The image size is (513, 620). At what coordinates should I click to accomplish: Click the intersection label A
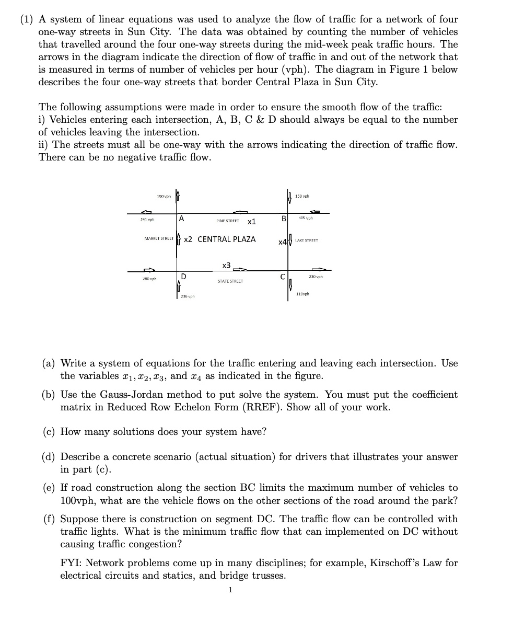click(x=181, y=219)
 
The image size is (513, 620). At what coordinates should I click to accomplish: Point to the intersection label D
click(x=184, y=276)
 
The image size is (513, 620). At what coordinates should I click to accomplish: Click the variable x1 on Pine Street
click(x=251, y=222)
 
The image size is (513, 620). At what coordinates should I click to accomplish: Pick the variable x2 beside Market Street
click(x=188, y=239)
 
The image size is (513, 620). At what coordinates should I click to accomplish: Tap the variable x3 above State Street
click(x=226, y=265)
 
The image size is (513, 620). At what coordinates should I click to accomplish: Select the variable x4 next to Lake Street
click(x=282, y=242)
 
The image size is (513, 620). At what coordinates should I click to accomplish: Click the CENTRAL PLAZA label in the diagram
click(x=226, y=239)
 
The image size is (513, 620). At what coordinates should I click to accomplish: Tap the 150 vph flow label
click(x=302, y=197)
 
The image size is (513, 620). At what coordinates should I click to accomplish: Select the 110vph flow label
click(x=302, y=294)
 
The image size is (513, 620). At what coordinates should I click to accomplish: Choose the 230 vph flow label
click(x=316, y=277)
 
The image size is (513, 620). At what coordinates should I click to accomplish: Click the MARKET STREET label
click(x=158, y=239)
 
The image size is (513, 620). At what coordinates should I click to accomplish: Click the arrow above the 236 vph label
click(x=179, y=286)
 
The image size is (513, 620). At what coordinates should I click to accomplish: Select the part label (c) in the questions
click(x=50, y=432)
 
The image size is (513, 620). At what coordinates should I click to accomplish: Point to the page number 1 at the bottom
click(x=230, y=590)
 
